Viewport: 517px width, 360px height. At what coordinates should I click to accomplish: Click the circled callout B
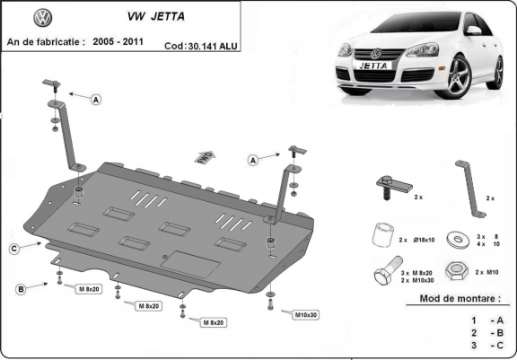(x=20, y=288)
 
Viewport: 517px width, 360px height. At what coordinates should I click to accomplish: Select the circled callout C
(x=14, y=248)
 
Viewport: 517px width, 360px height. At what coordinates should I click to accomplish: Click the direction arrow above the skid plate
(x=205, y=156)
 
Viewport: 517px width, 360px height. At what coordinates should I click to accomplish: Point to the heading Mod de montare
(x=460, y=298)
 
